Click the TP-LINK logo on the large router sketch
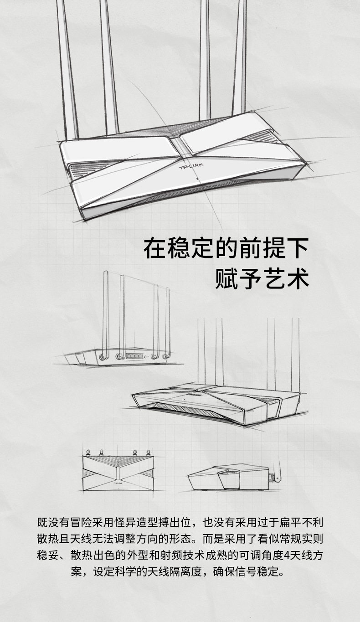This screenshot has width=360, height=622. (190, 166)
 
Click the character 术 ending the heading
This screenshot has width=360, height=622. (298, 278)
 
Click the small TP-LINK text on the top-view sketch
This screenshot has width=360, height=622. (118, 483)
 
